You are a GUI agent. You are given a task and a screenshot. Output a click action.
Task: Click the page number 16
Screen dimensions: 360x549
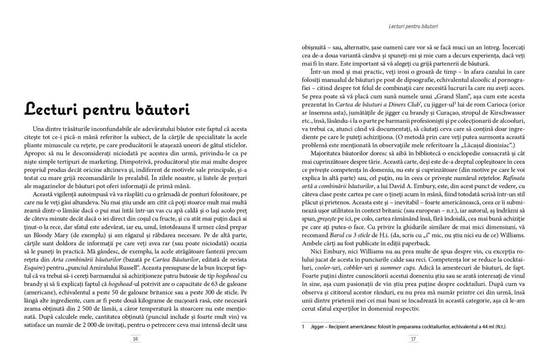136,339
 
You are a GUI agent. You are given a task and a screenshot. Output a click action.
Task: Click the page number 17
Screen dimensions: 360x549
413,339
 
